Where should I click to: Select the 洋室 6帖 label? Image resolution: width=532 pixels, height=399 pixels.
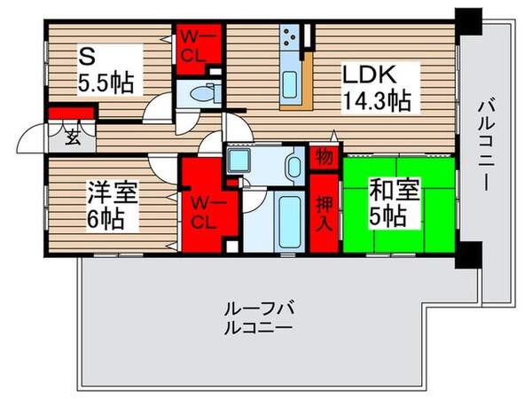click(x=110, y=204)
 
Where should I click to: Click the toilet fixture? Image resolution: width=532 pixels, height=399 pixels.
click(x=199, y=92)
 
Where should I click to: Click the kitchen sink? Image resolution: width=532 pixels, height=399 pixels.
click(x=292, y=85)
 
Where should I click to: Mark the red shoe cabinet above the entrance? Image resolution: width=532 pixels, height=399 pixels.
click(x=71, y=113)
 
